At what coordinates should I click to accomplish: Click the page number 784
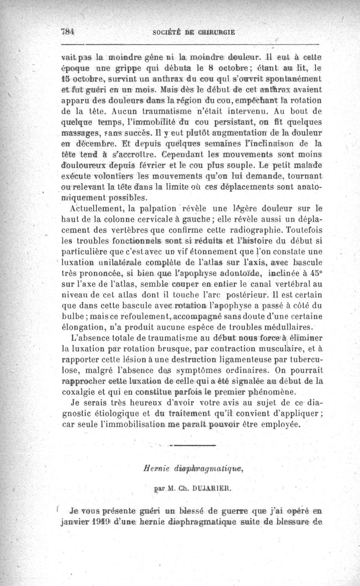(x=67, y=32)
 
